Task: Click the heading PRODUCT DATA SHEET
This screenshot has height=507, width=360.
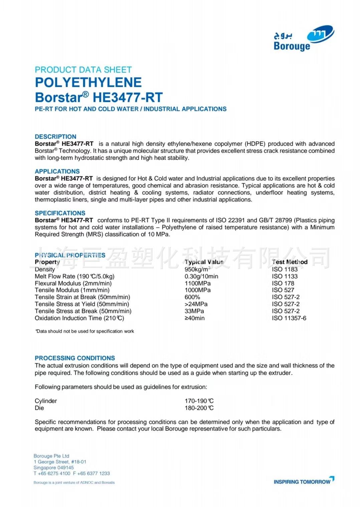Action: click(83, 70)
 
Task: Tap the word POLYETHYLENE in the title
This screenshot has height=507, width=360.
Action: click(88, 82)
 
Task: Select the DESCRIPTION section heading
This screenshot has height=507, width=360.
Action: click(55, 137)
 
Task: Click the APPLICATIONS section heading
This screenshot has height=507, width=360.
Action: click(57, 171)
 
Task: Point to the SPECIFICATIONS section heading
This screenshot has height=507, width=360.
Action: click(60, 213)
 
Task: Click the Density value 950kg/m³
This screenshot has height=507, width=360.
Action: click(197, 269)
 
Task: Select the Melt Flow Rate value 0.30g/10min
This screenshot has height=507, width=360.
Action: click(201, 276)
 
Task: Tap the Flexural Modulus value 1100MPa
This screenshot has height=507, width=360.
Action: click(197, 283)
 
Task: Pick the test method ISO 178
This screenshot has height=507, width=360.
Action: click(283, 283)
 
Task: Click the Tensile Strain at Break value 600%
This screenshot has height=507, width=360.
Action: click(192, 297)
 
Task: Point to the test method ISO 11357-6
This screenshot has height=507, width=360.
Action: click(289, 318)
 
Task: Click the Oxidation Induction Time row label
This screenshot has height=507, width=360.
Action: click(79, 318)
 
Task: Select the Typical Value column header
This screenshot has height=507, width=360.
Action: click(204, 262)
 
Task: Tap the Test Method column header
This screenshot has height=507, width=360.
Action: click(290, 262)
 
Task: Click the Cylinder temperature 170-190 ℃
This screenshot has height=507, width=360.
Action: click(199, 401)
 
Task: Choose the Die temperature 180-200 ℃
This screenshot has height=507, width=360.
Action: click(199, 408)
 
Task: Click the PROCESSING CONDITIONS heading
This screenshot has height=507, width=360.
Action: click(75, 358)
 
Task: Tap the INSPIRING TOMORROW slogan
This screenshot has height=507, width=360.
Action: click(302, 482)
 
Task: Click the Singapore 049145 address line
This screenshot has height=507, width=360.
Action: click(53, 468)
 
